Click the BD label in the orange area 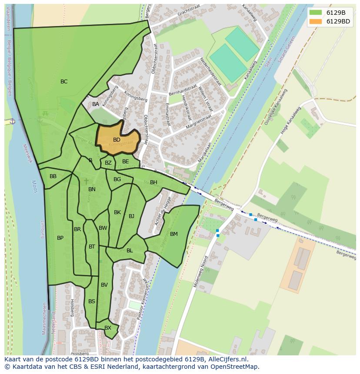[117, 140]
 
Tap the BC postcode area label [64, 82]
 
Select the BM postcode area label [174, 234]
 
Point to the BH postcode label [153, 182]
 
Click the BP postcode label [60, 238]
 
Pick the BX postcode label [108, 328]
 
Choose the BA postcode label [96, 104]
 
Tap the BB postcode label [53, 176]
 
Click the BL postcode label [130, 251]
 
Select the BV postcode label [104, 285]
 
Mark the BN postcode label [92, 189]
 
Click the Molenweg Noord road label [201, 271]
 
